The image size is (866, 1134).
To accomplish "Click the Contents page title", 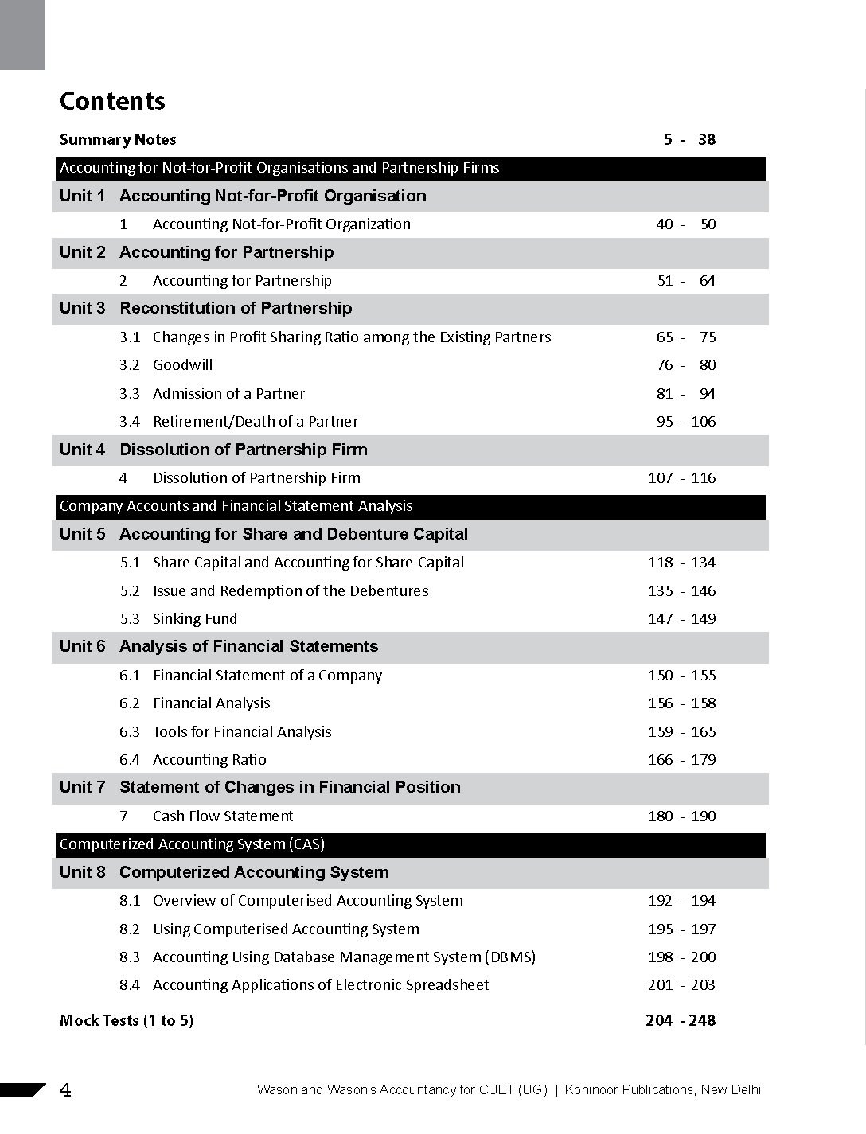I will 112,101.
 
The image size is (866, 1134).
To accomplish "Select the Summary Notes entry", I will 118,140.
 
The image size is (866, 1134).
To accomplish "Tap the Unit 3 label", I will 82,308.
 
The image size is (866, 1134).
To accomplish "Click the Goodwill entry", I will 182,365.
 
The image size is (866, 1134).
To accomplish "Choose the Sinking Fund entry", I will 195,619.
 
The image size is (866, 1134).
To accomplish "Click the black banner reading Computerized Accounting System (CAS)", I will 192,844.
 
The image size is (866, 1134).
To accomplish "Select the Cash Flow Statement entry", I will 223,816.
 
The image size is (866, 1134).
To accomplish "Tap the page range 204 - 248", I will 681,1021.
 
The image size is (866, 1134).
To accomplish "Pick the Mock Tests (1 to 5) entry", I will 127,1021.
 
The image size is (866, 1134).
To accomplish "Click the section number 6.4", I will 130,760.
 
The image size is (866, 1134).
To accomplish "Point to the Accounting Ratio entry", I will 209,760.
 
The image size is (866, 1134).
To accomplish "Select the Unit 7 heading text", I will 290,787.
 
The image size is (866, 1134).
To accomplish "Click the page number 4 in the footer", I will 65,1090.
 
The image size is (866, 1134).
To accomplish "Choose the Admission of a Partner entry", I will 228,394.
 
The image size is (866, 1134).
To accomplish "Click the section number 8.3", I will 130,957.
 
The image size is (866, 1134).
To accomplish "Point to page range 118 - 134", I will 681,563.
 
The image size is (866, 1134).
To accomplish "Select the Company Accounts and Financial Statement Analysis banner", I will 236,506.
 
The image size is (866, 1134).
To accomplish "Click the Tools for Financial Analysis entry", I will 242,732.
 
